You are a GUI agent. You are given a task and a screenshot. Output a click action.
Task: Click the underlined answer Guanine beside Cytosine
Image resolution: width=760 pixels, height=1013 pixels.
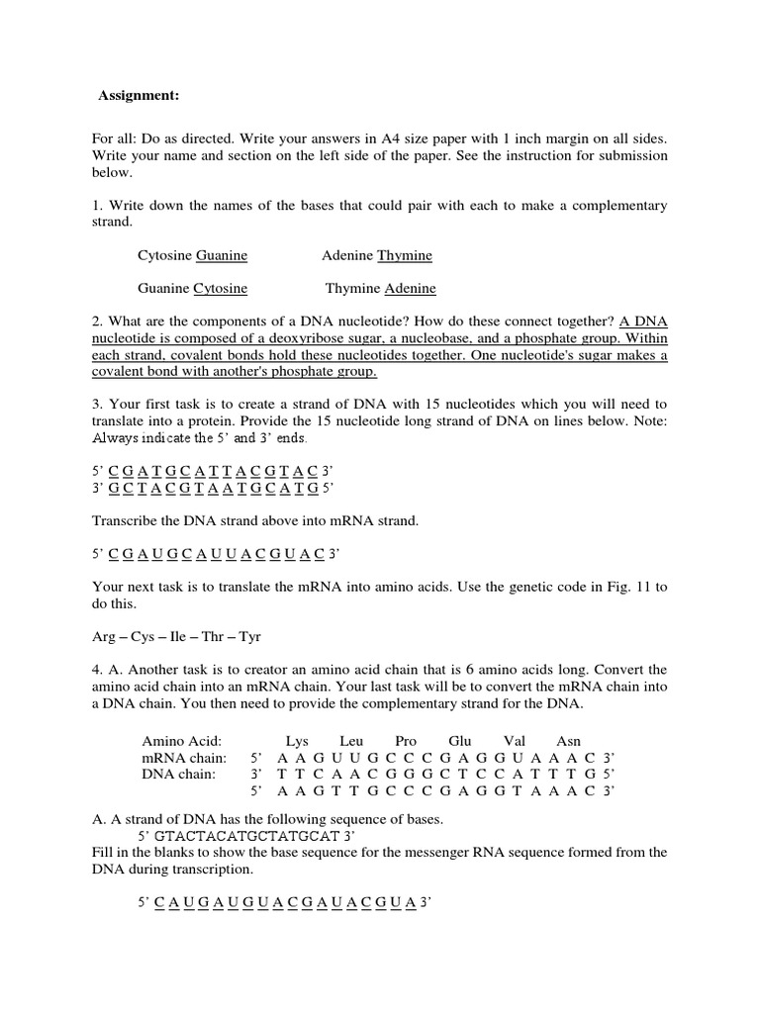[222, 255]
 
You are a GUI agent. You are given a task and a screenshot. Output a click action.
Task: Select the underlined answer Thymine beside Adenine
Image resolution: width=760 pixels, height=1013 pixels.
[405, 255]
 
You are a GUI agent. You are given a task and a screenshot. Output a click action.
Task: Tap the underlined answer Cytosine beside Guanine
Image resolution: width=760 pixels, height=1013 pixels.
[220, 289]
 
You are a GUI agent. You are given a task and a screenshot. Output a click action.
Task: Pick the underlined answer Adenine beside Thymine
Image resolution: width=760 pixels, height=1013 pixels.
[410, 289]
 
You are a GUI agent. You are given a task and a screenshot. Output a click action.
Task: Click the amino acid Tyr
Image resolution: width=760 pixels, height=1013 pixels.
[250, 637]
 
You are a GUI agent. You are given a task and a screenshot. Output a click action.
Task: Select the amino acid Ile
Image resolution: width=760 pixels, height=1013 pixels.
[179, 637]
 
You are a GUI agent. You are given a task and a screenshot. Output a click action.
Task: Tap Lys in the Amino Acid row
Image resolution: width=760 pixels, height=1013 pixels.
[297, 741]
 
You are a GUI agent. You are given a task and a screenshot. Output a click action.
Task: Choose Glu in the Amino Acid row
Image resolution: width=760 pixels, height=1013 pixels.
[460, 741]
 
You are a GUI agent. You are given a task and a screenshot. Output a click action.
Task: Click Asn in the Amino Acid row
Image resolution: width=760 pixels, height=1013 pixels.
[569, 741]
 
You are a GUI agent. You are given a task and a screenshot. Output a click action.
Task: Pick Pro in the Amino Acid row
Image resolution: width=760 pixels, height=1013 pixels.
[406, 741]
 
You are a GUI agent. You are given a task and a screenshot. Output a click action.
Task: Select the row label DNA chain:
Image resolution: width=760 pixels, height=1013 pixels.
[179, 774]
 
